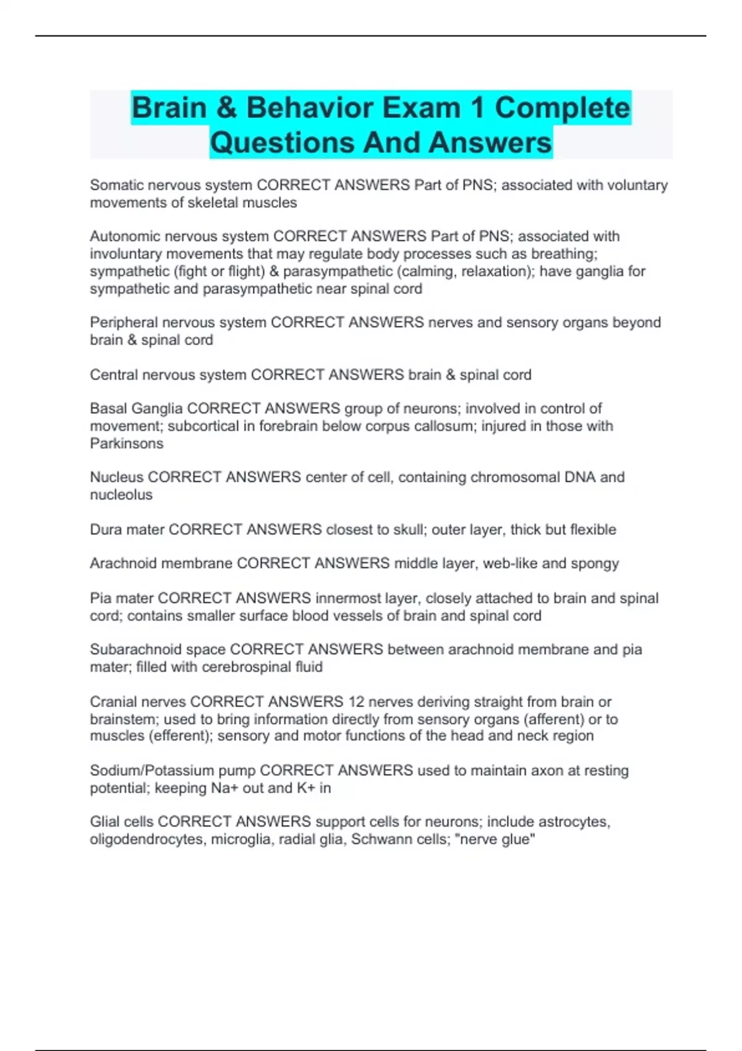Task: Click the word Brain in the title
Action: pos(169,108)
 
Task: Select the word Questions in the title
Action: pos(283,143)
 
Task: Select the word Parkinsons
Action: pos(127,443)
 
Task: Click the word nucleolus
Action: pos(121,495)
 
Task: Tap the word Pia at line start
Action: pos(100,598)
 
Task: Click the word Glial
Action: pos(104,822)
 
